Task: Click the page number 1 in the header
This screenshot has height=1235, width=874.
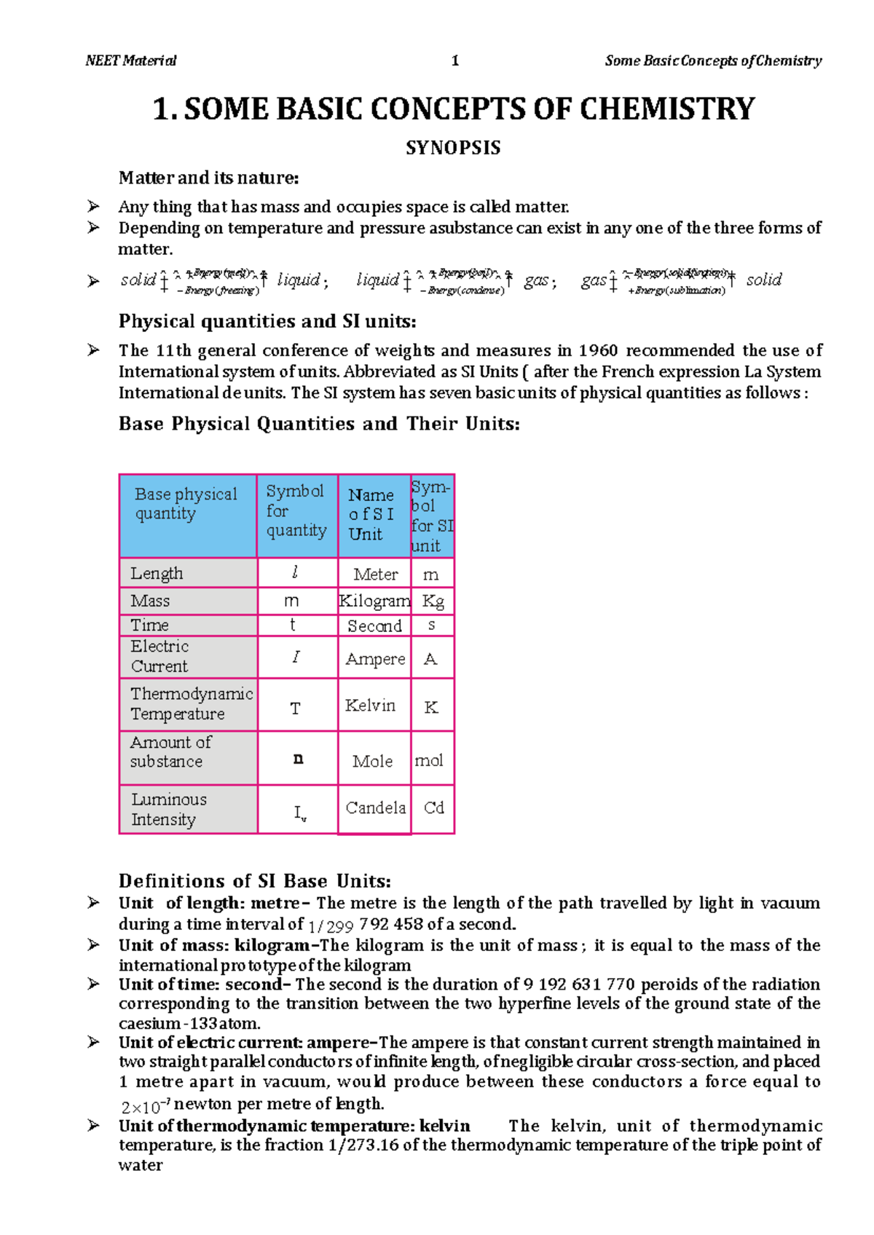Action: click(455, 61)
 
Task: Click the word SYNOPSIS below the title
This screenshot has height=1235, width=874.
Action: click(453, 148)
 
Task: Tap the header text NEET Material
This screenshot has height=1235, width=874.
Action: click(131, 61)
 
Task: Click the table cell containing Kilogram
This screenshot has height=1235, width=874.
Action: click(374, 601)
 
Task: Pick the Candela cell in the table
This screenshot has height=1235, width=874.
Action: click(375, 808)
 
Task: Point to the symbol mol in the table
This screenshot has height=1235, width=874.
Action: click(429, 760)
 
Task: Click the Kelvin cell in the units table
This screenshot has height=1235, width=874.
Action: click(371, 705)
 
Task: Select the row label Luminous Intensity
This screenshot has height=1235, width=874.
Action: click(168, 809)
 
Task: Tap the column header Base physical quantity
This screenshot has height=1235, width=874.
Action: click(186, 503)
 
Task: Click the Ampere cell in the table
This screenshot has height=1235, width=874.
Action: click(375, 658)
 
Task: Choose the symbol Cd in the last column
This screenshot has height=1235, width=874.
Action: click(433, 808)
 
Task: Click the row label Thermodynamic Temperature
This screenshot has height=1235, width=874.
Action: click(191, 703)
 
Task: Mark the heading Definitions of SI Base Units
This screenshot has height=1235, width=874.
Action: click(255, 881)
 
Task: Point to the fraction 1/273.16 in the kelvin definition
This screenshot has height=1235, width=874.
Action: click(363, 1145)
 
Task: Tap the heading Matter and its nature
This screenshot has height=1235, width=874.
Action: click(208, 178)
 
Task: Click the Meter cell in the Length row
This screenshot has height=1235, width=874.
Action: click(375, 574)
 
